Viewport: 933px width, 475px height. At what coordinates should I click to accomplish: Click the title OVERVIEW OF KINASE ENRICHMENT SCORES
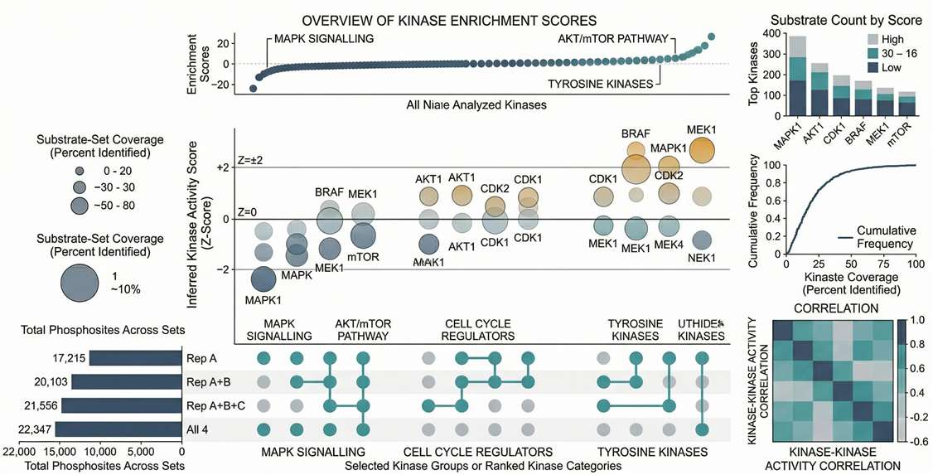tap(450, 19)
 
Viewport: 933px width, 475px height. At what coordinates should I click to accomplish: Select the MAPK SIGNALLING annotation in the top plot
tap(323, 39)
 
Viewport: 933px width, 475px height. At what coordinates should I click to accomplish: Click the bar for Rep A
tap(136, 358)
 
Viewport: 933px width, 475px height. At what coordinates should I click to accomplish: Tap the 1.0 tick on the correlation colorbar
tap(917, 318)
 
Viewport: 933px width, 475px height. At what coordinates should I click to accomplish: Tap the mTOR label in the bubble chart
tap(363, 257)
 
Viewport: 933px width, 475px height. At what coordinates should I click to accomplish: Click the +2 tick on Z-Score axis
tap(223, 168)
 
